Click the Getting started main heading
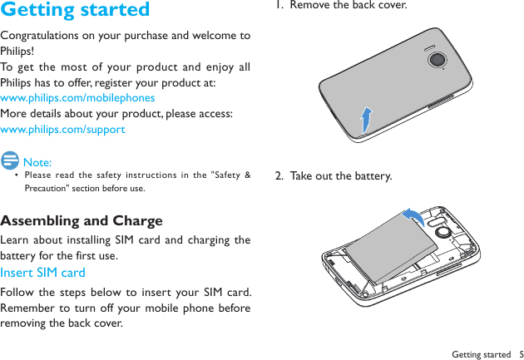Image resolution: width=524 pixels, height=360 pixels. tap(76, 11)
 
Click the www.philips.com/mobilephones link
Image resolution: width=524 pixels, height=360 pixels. tap(77, 97)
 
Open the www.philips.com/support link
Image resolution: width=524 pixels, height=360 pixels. tap(62, 129)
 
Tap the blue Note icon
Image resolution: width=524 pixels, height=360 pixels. tap(11, 160)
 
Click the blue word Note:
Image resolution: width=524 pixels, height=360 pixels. tap(37, 162)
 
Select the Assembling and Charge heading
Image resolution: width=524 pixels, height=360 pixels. tap(82, 221)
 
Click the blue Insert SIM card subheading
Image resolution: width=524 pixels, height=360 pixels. tap(42, 273)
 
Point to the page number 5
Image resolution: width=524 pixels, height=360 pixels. tap(519, 354)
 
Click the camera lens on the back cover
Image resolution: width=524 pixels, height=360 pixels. tap(437, 60)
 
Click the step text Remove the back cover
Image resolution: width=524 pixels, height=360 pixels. tap(349, 6)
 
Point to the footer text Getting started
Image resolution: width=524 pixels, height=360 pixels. tap(482, 354)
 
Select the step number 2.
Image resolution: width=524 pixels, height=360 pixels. tap(280, 176)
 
